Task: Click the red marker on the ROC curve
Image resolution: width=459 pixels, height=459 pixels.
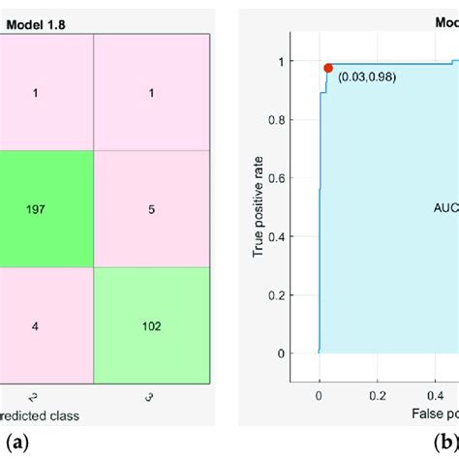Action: pyautogui.click(x=328, y=68)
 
